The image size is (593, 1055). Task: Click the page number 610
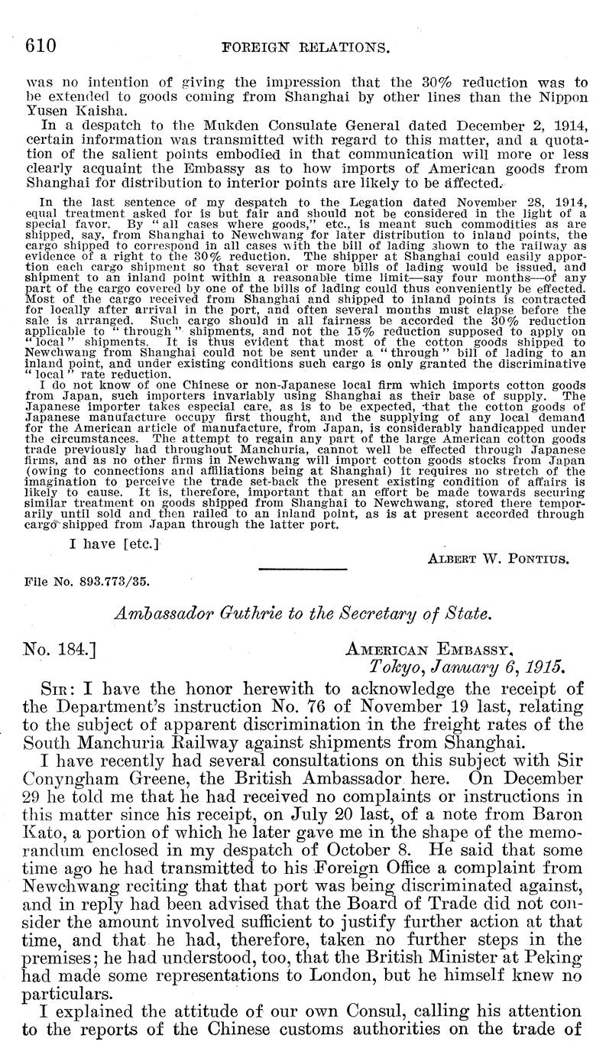[41, 45]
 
